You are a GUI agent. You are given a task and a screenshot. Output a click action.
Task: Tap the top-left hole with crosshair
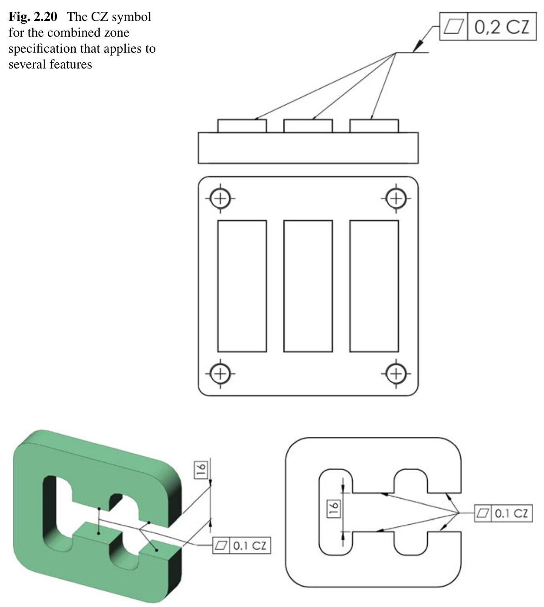[x=220, y=198]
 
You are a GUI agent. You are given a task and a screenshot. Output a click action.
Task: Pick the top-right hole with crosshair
[x=396, y=198]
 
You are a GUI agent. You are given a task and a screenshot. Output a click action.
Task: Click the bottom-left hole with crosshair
[x=220, y=374]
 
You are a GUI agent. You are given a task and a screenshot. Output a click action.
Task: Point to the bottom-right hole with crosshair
[x=396, y=374]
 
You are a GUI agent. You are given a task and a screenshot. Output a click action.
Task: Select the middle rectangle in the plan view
[x=308, y=286]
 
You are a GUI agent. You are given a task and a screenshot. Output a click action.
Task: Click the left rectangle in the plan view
[x=242, y=286]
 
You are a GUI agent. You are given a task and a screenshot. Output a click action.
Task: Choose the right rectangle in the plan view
[x=374, y=286]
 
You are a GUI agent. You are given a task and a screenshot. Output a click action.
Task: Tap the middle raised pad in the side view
[x=308, y=126]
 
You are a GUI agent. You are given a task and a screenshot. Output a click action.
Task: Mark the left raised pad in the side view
[x=242, y=126]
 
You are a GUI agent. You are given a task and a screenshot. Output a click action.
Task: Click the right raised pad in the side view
[x=374, y=126]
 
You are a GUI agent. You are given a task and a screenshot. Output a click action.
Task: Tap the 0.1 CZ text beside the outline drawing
[x=511, y=514]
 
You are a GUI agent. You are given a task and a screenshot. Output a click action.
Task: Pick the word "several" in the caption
[x=26, y=64]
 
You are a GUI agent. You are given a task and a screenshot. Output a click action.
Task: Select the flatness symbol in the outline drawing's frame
[x=482, y=514]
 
